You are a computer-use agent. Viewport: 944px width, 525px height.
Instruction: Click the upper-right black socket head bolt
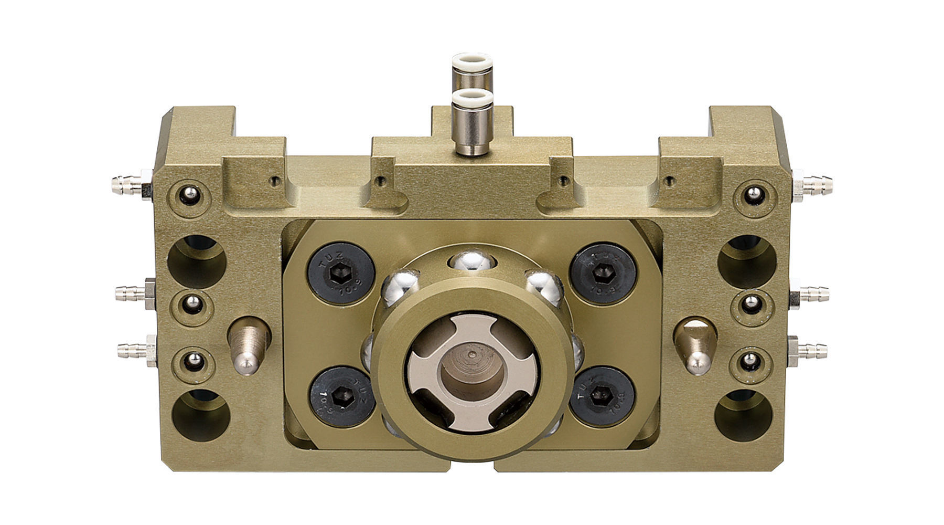(x=603, y=275)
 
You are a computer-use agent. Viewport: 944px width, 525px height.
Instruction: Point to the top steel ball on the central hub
(x=471, y=260)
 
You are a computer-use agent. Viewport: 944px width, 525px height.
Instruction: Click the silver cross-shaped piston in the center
(x=472, y=373)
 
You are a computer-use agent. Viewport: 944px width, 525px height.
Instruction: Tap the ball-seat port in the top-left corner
(x=189, y=196)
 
